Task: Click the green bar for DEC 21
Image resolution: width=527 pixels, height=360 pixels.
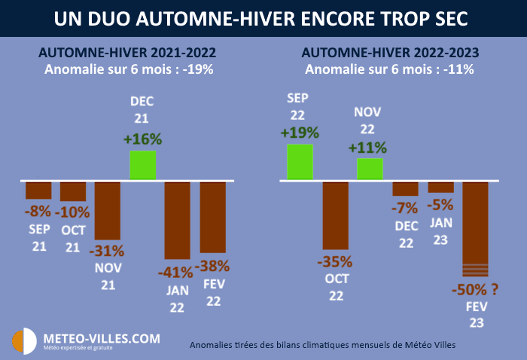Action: pyautogui.click(x=143, y=165)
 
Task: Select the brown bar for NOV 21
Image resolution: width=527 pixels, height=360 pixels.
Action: pyautogui.click(x=108, y=210)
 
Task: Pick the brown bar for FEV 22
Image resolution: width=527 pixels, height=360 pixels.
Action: pyautogui.click(x=213, y=217)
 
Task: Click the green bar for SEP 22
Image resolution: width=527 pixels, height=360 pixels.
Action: pyautogui.click(x=300, y=162)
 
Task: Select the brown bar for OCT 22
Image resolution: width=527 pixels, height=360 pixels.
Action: pyautogui.click(x=335, y=215)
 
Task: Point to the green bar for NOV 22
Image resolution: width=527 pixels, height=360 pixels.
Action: pyautogui.click(x=370, y=169)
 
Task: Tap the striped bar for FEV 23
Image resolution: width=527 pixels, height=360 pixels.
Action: pyautogui.click(x=475, y=230)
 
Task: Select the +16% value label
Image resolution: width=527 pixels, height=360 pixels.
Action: pyautogui.click(x=143, y=139)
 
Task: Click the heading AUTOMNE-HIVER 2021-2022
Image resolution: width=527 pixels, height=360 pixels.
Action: pyautogui.click(x=127, y=53)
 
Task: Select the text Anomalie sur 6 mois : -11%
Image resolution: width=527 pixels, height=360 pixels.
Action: pyautogui.click(x=389, y=69)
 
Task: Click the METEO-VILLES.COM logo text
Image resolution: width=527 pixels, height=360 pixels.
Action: pyautogui.click(x=102, y=338)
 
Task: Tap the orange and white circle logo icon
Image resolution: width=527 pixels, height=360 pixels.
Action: pyautogui.click(x=24, y=342)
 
